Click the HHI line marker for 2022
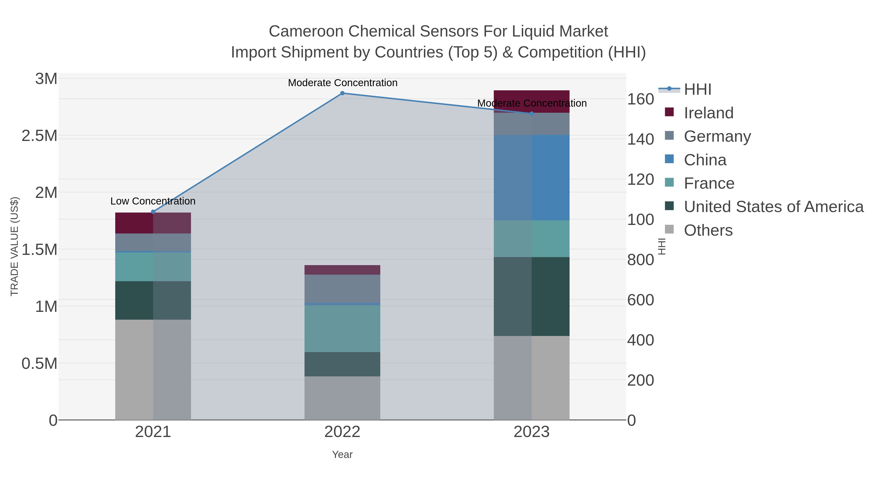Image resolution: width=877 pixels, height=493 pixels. click(x=342, y=93)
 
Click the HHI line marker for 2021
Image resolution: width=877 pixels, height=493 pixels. click(x=153, y=212)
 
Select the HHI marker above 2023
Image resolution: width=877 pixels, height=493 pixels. click(x=532, y=114)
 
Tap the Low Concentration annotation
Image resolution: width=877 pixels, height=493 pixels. click(x=153, y=201)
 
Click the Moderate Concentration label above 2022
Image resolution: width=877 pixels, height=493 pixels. click(x=343, y=83)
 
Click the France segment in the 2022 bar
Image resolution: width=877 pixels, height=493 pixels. click(x=342, y=328)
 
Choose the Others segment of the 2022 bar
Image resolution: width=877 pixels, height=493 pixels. click(x=342, y=398)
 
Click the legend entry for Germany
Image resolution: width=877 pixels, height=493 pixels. click(x=717, y=136)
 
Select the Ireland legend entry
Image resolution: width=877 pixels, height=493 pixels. click(x=708, y=113)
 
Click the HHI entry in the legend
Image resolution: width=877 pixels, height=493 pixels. click(x=697, y=90)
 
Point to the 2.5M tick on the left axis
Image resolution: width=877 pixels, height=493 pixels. click(x=39, y=136)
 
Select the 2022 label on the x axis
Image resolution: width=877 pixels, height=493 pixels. click(x=342, y=432)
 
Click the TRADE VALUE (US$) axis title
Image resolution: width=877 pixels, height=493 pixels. click(x=14, y=246)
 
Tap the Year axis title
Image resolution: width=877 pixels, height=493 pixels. click(x=342, y=455)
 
